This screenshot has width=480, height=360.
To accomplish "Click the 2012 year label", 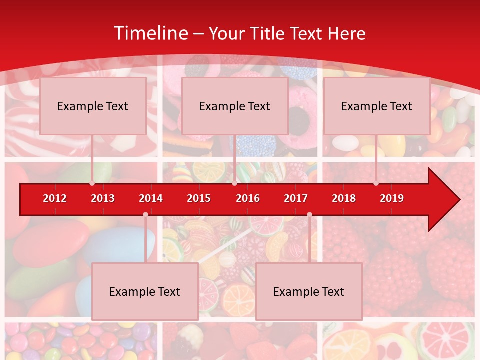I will click(55, 198).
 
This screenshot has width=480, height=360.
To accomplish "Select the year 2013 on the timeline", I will click(103, 198).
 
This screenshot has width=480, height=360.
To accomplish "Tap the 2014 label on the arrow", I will click(151, 198).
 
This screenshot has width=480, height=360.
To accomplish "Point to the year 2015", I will click(199, 198).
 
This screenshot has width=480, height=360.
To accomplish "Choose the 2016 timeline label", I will click(248, 198).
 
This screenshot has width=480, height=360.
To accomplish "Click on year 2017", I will click(296, 198).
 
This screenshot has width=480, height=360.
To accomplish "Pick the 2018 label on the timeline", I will click(344, 198).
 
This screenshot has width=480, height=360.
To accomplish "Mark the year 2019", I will click(392, 198).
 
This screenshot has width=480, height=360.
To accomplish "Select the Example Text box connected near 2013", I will click(93, 106).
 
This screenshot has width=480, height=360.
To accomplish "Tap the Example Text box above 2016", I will click(235, 106).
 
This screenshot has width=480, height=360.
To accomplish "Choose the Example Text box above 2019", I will click(377, 106).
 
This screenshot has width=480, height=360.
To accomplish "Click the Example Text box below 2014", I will click(145, 291).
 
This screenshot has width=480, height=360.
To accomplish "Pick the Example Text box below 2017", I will click(309, 291).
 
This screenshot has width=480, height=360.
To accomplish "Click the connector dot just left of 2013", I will click(92, 183).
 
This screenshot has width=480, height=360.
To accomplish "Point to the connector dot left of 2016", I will click(234, 183).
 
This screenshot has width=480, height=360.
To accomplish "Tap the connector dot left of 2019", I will click(376, 183).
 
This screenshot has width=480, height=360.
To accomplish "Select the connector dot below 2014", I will click(145, 214).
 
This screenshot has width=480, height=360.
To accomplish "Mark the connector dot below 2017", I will click(309, 214).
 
